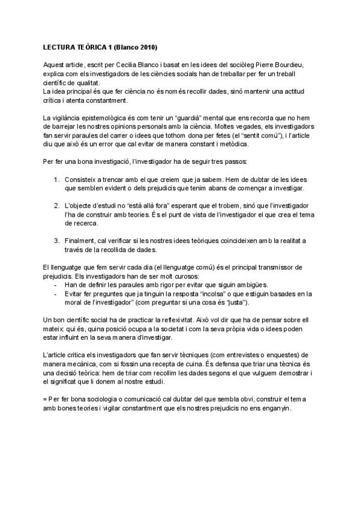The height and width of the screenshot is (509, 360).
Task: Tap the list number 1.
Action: [x=56, y=179]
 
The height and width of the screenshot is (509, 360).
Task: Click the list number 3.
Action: [x=56, y=241]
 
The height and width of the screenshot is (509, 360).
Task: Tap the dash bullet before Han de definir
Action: [x=55, y=285]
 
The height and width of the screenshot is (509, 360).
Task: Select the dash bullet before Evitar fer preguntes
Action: [x=55, y=294]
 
